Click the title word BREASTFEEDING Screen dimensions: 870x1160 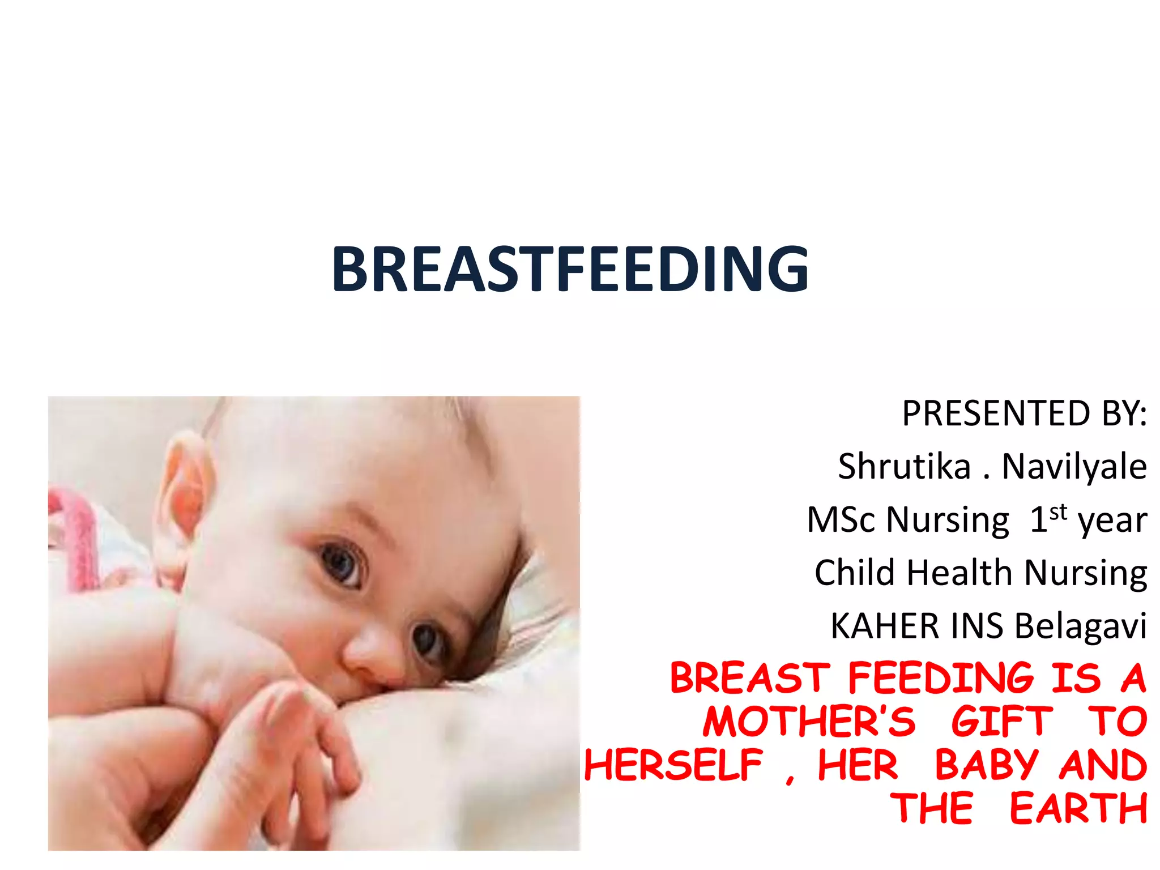[x=570, y=270]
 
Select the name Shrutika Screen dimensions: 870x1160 [x=904, y=466]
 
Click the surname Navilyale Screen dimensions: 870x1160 [x=1074, y=466]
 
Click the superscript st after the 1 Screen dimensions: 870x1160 [x=1058, y=512]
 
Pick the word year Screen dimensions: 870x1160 [x=1112, y=521]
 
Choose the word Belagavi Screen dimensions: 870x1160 [x=1080, y=626]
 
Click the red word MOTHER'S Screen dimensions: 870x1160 [x=809, y=721]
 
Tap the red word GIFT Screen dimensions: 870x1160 [x=1001, y=721]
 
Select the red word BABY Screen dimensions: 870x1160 [x=986, y=765]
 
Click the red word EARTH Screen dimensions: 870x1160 [x=1078, y=808]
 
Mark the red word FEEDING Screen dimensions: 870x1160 [x=941, y=677]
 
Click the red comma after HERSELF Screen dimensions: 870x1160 [x=790, y=779]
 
